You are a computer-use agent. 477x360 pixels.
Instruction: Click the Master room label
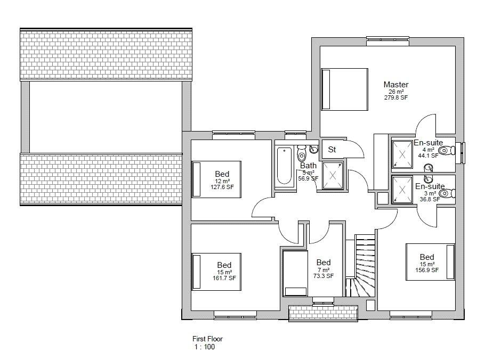[x=396, y=85]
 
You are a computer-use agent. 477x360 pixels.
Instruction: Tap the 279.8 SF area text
[x=396, y=97]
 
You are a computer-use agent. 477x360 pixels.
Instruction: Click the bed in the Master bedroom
[x=345, y=89]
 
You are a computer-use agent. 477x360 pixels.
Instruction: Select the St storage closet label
[x=332, y=149]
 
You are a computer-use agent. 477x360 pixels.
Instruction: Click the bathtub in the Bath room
[x=284, y=166]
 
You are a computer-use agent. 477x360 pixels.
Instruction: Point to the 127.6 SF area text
[x=222, y=187]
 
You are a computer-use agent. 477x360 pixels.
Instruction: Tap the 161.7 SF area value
[x=224, y=278]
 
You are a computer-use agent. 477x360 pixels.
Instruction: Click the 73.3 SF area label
[x=324, y=276]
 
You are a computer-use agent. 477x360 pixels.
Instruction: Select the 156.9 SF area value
[x=427, y=270]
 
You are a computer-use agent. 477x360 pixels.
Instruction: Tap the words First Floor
[x=207, y=339]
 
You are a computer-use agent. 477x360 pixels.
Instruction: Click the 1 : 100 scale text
[x=205, y=347]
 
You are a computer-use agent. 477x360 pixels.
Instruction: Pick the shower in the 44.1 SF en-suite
[x=402, y=154]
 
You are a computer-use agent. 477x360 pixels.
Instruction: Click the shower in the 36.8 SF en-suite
[x=402, y=190]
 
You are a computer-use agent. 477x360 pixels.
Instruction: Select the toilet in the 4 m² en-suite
[x=447, y=150]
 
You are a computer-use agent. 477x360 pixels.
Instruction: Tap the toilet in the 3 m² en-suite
[x=448, y=193]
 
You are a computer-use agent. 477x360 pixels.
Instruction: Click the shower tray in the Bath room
[x=333, y=175]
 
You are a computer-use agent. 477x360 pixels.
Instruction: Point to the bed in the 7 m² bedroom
[x=295, y=273]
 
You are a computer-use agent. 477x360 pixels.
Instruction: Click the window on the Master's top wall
[x=387, y=41]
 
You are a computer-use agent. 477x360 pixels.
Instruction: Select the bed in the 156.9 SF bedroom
[x=430, y=262]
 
